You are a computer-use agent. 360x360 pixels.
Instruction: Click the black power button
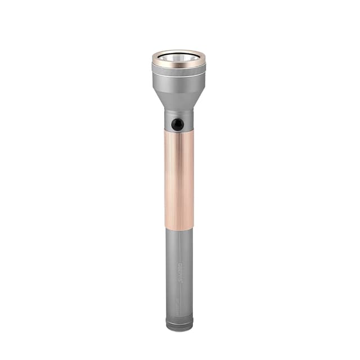click(x=177, y=124)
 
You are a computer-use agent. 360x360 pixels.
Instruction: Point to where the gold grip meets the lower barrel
click(x=179, y=228)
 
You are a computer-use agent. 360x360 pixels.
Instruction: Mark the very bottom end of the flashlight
click(x=179, y=330)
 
